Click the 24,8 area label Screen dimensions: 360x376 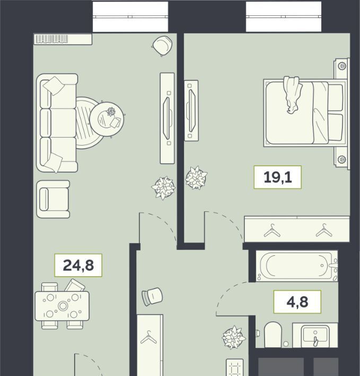[x=78, y=265]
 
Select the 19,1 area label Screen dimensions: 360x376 [x=278, y=177]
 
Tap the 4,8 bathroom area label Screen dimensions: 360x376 [x=297, y=302]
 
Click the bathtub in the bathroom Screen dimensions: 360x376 [x=297, y=266]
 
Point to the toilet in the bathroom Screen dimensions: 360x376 [x=273, y=335]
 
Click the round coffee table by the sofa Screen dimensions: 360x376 [x=107, y=119]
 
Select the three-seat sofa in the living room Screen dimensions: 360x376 [x=57, y=123]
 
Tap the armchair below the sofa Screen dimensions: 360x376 [x=53, y=199]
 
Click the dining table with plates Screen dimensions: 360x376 [x=62, y=306]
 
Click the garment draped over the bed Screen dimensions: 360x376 [x=292, y=95]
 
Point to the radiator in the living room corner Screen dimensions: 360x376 [x=63, y=39]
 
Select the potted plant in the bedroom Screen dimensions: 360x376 [x=196, y=178]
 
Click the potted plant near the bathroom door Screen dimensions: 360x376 [x=233, y=337]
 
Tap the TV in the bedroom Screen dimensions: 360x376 [x=191, y=111]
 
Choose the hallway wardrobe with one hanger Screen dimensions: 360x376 [x=150, y=345]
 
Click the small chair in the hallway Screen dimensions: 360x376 [x=152, y=297]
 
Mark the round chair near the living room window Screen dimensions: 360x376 [x=162, y=46]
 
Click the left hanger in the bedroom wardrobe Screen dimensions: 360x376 [x=272, y=231]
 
